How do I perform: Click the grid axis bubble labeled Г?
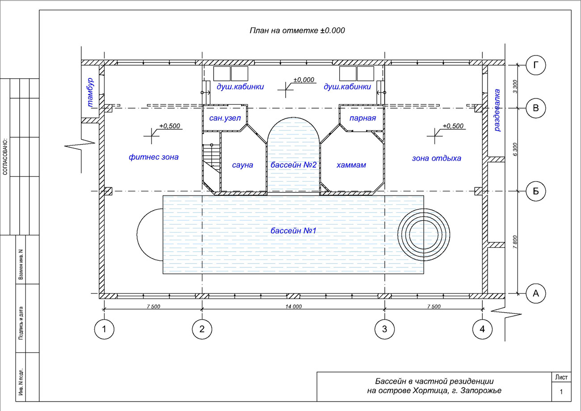pyautogui.click(x=536, y=65)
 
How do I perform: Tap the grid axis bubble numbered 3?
pyautogui.click(x=385, y=329)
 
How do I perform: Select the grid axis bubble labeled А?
pyautogui.click(x=536, y=294)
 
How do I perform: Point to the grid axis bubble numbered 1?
pyautogui.click(x=104, y=329)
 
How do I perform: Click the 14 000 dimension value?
pyautogui.click(x=294, y=306)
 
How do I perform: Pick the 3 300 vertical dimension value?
pyautogui.click(x=515, y=86)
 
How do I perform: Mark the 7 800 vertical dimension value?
pyautogui.click(x=515, y=242)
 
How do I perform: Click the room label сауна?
pyautogui.click(x=243, y=165)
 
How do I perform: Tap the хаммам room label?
pyautogui.click(x=351, y=165)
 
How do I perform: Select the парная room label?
pyautogui.click(x=362, y=119)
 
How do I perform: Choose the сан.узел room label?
pyautogui.click(x=225, y=119)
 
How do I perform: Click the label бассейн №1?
pyautogui.click(x=293, y=231)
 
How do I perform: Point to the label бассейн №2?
pyautogui.click(x=293, y=165)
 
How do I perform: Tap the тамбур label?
pyautogui.click(x=90, y=93)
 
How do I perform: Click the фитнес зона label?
pyautogui.click(x=154, y=157)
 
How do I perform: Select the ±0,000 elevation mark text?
pyautogui.click(x=304, y=80)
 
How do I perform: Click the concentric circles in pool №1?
pyautogui.click(x=424, y=235)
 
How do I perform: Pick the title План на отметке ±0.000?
pyautogui.click(x=297, y=30)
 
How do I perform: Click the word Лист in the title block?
pyautogui.click(x=561, y=377)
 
